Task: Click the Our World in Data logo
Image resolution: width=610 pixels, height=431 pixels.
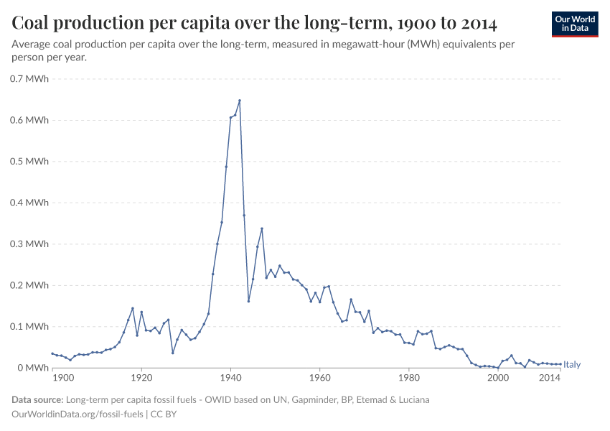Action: [x=575, y=24]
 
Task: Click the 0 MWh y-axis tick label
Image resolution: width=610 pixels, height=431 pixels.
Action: [x=34, y=368]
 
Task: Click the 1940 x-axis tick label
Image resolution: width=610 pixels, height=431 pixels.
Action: [x=230, y=378]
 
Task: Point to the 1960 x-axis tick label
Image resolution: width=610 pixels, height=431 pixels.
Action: [x=319, y=378]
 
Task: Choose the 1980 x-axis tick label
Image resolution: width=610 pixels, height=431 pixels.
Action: [x=408, y=378]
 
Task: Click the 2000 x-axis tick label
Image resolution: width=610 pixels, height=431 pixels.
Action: [x=497, y=378]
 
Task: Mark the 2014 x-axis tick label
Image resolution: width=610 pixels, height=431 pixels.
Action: [x=550, y=378]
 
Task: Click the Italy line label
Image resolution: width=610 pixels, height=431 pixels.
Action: [x=572, y=365]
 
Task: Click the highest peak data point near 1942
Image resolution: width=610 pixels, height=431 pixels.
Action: [x=240, y=101]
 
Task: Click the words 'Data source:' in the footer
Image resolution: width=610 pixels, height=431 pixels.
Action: [x=37, y=399]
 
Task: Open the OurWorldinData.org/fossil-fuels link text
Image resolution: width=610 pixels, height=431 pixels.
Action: [x=78, y=414]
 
